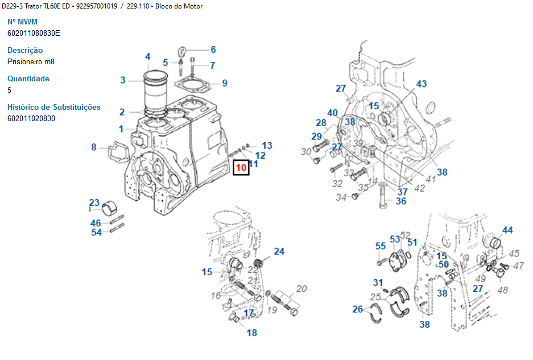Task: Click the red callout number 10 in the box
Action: tap(241, 168)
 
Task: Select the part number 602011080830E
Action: tap(34, 33)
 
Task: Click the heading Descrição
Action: tap(25, 50)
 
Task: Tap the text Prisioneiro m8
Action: tap(31, 61)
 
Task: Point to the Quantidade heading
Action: tap(28, 78)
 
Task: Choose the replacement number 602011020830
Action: tap(31, 118)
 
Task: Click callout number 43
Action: tap(421, 84)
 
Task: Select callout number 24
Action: tap(279, 251)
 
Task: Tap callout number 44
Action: tap(507, 230)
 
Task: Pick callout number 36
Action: tap(401, 201)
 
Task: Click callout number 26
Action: tap(357, 309)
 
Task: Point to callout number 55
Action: tap(381, 246)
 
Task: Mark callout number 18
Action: tap(252, 333)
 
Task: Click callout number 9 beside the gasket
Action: tap(225, 83)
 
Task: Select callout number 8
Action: tap(94, 147)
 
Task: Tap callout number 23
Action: tap(94, 203)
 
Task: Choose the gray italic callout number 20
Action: tap(301, 289)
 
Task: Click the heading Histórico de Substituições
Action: tap(53, 107)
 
